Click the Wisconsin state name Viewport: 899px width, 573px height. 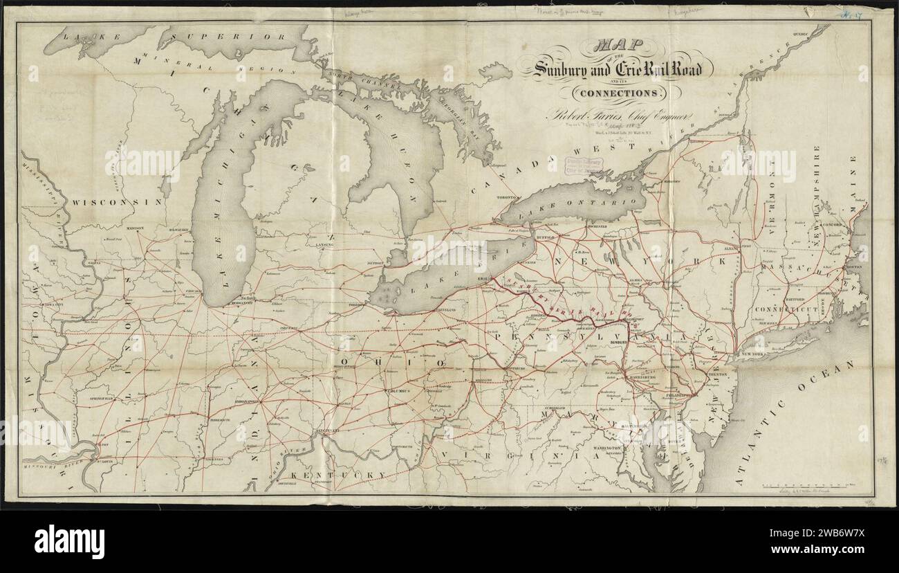(x=115, y=202)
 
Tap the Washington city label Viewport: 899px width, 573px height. (x=608, y=449)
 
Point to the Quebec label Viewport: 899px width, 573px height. (x=801, y=32)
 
